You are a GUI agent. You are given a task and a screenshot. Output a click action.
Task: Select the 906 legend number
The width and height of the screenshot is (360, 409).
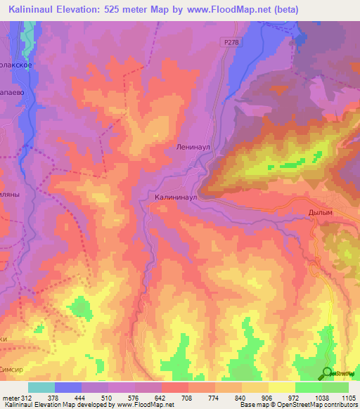[268, 398]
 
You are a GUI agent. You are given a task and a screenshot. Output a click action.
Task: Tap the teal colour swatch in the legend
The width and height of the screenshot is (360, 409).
[41, 387]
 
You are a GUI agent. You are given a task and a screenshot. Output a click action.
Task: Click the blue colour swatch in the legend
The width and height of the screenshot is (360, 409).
[67, 387]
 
